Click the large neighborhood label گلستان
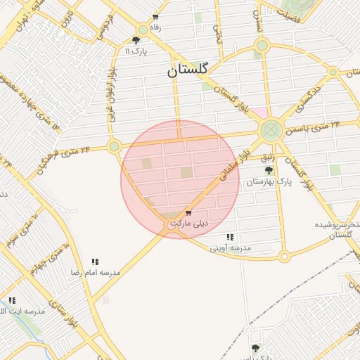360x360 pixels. pyautogui.click(x=188, y=70)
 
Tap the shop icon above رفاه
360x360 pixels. pyautogui.click(x=155, y=17)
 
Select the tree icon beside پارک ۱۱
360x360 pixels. pyautogui.click(x=136, y=41)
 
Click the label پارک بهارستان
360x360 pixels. pyautogui.click(x=268, y=181)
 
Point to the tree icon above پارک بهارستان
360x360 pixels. pyautogui.click(x=268, y=169)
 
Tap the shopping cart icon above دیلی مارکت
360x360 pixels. pyautogui.click(x=188, y=212)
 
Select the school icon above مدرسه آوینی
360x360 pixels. pyautogui.click(x=230, y=238)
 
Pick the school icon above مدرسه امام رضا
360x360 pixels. pyautogui.click(x=95, y=261)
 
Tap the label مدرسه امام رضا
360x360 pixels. pyautogui.click(x=94, y=271)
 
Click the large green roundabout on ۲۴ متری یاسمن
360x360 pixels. pyautogui.click(x=271, y=130)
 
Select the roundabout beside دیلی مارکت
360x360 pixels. pyautogui.click(x=172, y=226)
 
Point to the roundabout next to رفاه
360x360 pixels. pyautogui.click(x=143, y=30)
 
